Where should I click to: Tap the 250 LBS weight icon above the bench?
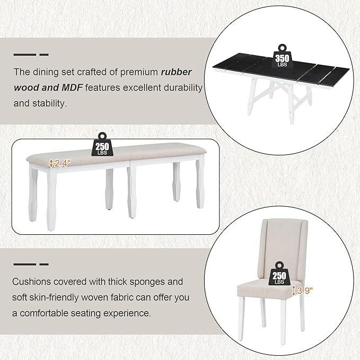click(x=102, y=143)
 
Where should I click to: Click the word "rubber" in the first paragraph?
click(x=177, y=72)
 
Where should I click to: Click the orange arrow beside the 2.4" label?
click(x=51, y=163)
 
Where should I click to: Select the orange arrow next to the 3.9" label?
click(x=294, y=291)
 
